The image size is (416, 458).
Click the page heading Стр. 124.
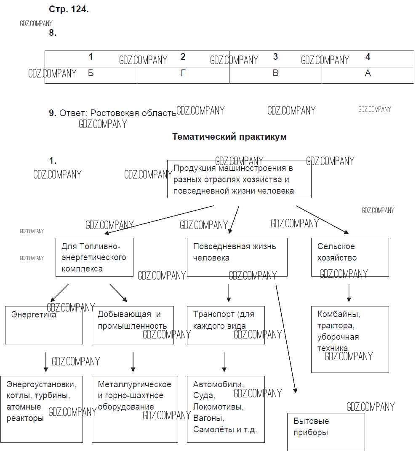[69, 10]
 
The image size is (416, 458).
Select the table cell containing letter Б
[91, 74]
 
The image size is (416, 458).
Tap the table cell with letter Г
[183, 74]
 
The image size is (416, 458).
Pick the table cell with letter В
[275, 74]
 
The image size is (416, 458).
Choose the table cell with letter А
[368, 74]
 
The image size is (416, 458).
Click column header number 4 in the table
[368, 57]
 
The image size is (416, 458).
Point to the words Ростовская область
[133, 113]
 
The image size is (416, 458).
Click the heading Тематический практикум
[229, 137]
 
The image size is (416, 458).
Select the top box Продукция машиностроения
[239, 179]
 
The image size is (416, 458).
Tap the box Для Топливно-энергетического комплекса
[94, 257]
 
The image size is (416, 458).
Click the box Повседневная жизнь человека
[237, 257]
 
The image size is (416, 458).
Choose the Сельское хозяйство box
[350, 257]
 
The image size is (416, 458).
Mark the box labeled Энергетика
[44, 325]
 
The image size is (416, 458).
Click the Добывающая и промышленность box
[133, 325]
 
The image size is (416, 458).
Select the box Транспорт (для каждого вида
[226, 325]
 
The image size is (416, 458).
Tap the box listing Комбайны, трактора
[350, 339]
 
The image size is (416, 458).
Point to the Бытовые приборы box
[326, 432]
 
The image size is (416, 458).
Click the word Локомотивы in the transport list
[219, 407]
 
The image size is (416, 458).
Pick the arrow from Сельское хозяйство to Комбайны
[349, 293]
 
